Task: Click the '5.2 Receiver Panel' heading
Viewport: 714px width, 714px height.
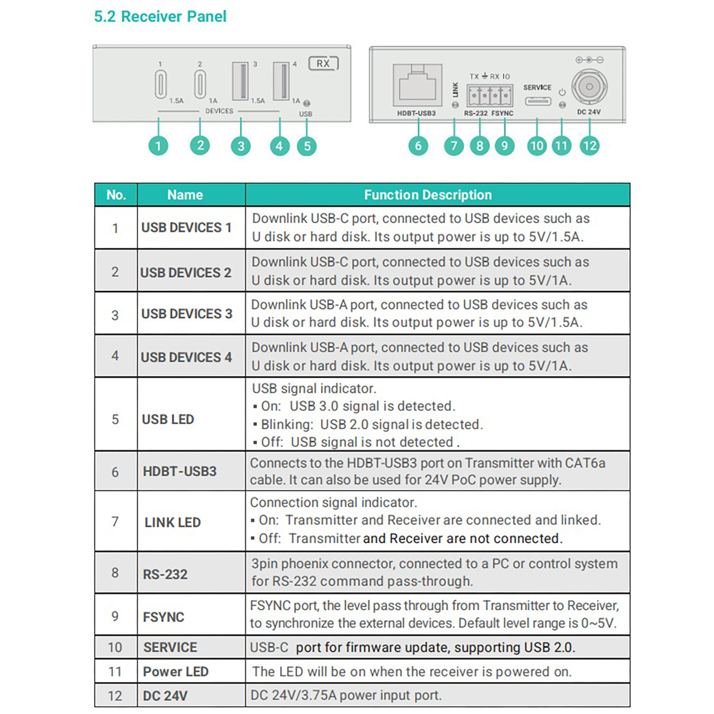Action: (x=160, y=17)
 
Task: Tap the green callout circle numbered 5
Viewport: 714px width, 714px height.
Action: (x=307, y=146)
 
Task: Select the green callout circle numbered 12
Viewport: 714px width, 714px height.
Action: (x=589, y=146)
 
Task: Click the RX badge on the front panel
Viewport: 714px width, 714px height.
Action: (x=324, y=64)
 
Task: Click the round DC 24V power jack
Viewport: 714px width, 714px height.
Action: (x=588, y=86)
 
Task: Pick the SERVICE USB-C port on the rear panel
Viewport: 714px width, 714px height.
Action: (x=537, y=102)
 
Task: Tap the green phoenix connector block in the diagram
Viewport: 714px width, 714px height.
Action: (x=489, y=95)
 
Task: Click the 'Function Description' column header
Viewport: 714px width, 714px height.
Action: (x=428, y=195)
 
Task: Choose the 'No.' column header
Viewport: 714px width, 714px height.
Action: (x=116, y=195)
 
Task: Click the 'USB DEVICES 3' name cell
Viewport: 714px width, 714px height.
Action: (x=186, y=314)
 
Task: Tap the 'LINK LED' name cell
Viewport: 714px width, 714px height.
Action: (x=172, y=523)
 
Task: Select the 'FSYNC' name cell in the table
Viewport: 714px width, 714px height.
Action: (x=163, y=617)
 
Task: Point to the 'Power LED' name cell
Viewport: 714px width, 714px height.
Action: (x=176, y=672)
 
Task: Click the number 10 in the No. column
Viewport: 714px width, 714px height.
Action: (x=115, y=647)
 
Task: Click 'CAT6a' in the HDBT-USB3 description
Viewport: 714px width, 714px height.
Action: (x=585, y=463)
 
